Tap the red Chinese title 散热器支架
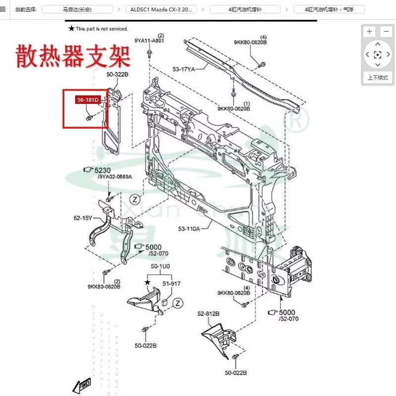pos(73,56)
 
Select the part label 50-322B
pos(117,74)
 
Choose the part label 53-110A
pos(189,229)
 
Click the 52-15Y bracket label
pos(83,218)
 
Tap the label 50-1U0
pos(160,266)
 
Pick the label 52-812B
pos(208,314)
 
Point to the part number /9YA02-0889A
pos(114,177)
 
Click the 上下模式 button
pos(377,78)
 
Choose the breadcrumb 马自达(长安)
pos(80,9)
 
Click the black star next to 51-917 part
pos(147,282)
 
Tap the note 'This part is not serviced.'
pos(101,29)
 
